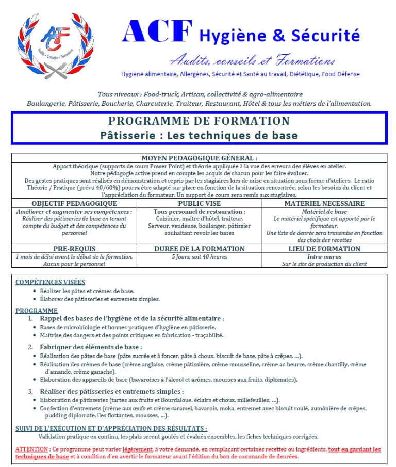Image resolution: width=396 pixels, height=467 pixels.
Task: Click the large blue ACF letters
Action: (157, 32)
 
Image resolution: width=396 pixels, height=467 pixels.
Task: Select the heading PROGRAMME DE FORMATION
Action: (199, 121)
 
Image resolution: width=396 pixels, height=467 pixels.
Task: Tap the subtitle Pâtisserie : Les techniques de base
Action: (199, 135)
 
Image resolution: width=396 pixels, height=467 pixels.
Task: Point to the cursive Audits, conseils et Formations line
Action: (252, 60)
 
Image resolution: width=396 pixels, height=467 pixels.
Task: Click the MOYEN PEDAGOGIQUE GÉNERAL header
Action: (199, 158)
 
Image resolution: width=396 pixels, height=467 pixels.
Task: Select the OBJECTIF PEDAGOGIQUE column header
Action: (74, 203)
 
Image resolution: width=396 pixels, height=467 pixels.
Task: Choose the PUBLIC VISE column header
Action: (200, 203)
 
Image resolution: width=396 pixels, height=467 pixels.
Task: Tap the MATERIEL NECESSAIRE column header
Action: (324, 203)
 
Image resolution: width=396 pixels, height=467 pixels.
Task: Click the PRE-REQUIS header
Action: (74, 249)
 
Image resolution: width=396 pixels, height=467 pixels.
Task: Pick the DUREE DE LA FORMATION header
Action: (200, 249)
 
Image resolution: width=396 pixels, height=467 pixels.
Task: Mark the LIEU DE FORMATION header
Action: (324, 249)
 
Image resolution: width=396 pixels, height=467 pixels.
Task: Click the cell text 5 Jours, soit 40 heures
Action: (200, 256)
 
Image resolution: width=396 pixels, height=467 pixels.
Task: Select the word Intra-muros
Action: (324, 256)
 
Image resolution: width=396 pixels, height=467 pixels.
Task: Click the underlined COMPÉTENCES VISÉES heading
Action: (50, 282)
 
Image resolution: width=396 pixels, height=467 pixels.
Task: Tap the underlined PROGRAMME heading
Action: (36, 311)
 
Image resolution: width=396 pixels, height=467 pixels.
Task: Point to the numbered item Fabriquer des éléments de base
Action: (91, 347)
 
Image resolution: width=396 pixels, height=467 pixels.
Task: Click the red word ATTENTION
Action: (31, 449)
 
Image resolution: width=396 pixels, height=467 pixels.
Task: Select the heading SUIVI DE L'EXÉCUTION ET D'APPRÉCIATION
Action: (111, 428)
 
